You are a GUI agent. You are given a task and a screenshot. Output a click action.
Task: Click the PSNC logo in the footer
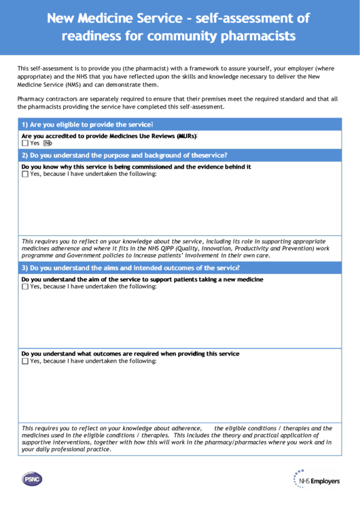(31, 480)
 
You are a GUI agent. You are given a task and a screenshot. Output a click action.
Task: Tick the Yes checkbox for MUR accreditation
(25, 143)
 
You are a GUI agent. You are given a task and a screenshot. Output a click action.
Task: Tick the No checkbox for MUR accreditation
(48, 143)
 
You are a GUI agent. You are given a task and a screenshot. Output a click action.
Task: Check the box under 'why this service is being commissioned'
(25, 174)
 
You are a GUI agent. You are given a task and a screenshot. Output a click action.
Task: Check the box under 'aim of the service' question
(25, 287)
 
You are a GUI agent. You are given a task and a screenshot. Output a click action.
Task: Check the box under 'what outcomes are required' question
(25, 361)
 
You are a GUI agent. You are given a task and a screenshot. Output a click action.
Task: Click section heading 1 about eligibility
(87, 125)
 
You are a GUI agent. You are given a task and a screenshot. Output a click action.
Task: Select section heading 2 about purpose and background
(124, 156)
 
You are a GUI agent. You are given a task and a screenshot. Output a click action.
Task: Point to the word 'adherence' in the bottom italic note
(184, 429)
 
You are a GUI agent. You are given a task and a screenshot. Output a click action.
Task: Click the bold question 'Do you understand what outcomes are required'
(130, 354)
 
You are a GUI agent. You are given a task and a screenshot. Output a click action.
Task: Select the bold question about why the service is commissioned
(136, 166)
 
